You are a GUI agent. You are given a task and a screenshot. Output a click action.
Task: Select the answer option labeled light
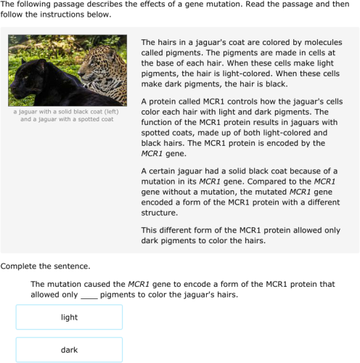[x=69, y=317]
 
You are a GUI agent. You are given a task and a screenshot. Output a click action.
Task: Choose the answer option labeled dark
[x=69, y=350]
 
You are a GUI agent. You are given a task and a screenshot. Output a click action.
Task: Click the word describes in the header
[x=92, y=4]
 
